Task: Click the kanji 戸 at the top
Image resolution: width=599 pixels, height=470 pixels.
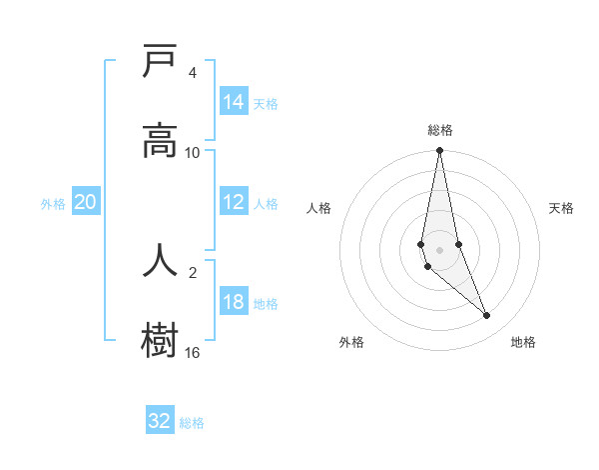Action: pyautogui.click(x=160, y=62)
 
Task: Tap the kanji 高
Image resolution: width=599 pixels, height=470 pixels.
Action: pyautogui.click(x=160, y=139)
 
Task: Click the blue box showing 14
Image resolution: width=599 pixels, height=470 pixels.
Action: pyautogui.click(x=234, y=102)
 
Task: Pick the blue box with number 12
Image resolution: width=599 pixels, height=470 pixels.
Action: pyautogui.click(x=234, y=203)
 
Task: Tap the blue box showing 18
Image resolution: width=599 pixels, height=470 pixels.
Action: pyautogui.click(x=234, y=303)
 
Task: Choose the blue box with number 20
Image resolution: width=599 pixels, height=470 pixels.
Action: pyautogui.click(x=86, y=203)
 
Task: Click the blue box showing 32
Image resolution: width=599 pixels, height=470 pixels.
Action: pyautogui.click(x=160, y=421)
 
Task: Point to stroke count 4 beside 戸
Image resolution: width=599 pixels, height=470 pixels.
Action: pyautogui.click(x=193, y=73)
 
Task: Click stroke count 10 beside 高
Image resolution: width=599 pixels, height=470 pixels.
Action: pyautogui.click(x=193, y=152)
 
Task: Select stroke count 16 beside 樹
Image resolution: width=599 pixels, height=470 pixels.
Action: pyautogui.click(x=193, y=352)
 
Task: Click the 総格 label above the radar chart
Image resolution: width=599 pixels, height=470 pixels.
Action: pyautogui.click(x=440, y=130)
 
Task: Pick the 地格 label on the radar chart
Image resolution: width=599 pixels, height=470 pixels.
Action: pyautogui.click(x=523, y=342)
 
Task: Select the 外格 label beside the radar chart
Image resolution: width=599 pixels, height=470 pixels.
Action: pyautogui.click(x=351, y=342)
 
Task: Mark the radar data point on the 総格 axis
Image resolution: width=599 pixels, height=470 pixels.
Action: pyautogui.click(x=439, y=151)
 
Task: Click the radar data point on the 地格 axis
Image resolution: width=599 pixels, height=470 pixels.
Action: pyautogui.click(x=487, y=316)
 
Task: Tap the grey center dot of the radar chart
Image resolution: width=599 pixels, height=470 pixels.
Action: pyautogui.click(x=439, y=249)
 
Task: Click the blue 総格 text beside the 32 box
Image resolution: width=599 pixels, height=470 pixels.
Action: pyautogui.click(x=192, y=423)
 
